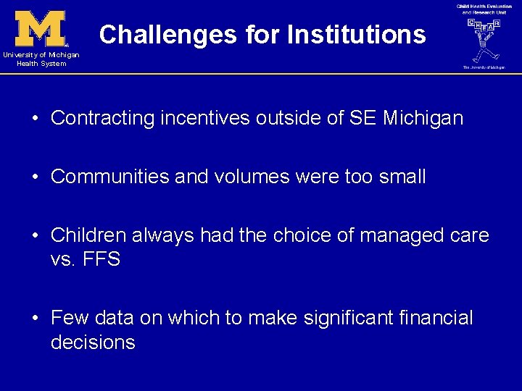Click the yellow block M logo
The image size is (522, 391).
[x=41, y=29]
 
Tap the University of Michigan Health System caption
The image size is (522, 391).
[x=41, y=59]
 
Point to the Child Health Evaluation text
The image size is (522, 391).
[x=484, y=6]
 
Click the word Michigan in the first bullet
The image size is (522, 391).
[x=427, y=118]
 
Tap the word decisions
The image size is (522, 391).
[x=93, y=342]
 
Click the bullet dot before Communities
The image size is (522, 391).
[x=36, y=177]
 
